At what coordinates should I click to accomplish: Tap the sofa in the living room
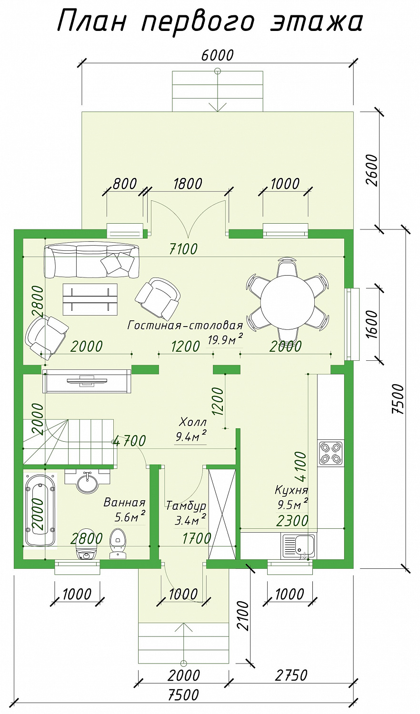pyautogui.click(x=92, y=261)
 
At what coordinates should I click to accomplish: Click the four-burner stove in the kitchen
pyautogui.click(x=330, y=453)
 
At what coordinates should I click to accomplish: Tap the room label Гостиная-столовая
pyautogui.click(x=185, y=326)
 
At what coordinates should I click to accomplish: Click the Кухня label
pyautogui.click(x=291, y=490)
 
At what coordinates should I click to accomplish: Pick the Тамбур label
pyautogui.click(x=186, y=506)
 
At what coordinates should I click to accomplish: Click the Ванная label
pyautogui.click(x=124, y=503)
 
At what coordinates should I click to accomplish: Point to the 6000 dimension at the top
pyautogui.click(x=218, y=55)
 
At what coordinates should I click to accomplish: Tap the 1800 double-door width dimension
pyautogui.click(x=188, y=184)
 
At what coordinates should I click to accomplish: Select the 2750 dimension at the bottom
pyautogui.click(x=291, y=675)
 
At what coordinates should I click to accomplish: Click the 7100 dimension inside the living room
pyautogui.click(x=183, y=249)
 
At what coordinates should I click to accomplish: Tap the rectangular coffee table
pyautogui.click(x=90, y=299)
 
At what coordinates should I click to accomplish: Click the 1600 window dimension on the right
pyautogui.click(x=372, y=325)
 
